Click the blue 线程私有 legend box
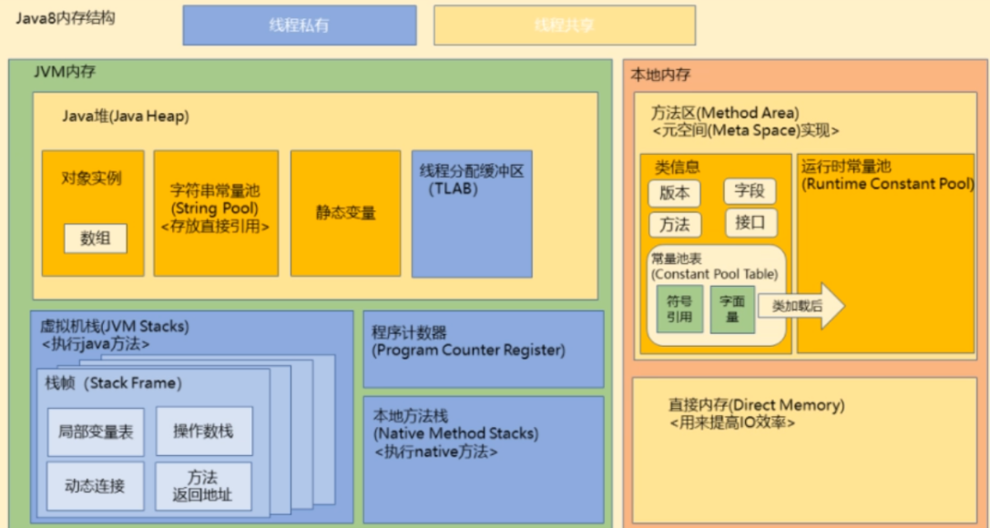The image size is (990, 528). pos(299,25)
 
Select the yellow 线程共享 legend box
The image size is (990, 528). pos(564,25)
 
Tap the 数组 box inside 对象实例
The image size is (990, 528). pos(95,239)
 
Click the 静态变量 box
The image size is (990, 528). pos(345,213)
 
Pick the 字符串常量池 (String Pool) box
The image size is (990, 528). pos(215,213)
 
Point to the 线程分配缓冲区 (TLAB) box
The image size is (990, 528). pos(471,213)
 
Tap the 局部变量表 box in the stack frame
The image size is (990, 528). pos(96,431)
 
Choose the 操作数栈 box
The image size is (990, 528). pos(203,431)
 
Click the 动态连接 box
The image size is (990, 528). pos(96,485)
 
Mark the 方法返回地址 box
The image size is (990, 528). pos(203,485)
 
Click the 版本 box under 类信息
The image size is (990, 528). pos(675,193)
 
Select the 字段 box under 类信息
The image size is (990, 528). pos(750,191)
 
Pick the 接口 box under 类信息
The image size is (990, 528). pos(750,222)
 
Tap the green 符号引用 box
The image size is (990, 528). pos(679,309)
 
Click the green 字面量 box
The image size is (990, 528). pos(733,308)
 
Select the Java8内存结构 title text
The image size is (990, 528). pos(65,18)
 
